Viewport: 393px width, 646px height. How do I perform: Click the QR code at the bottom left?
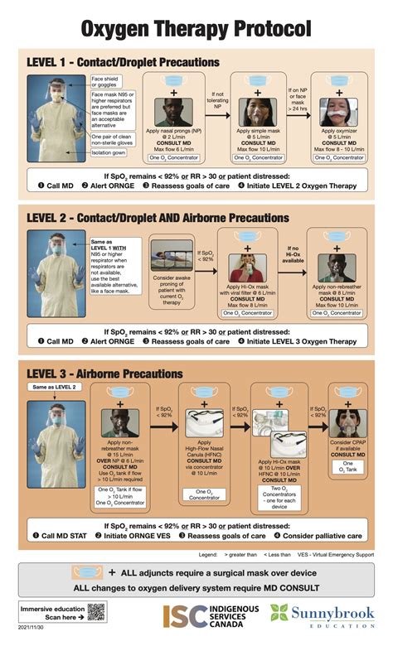point(97,613)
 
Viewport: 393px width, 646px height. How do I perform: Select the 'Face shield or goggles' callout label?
point(108,80)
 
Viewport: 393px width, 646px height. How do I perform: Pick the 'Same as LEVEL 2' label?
point(56,387)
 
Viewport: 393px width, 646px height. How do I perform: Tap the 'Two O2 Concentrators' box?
point(276,487)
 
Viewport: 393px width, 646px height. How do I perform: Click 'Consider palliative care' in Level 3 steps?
point(318,536)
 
